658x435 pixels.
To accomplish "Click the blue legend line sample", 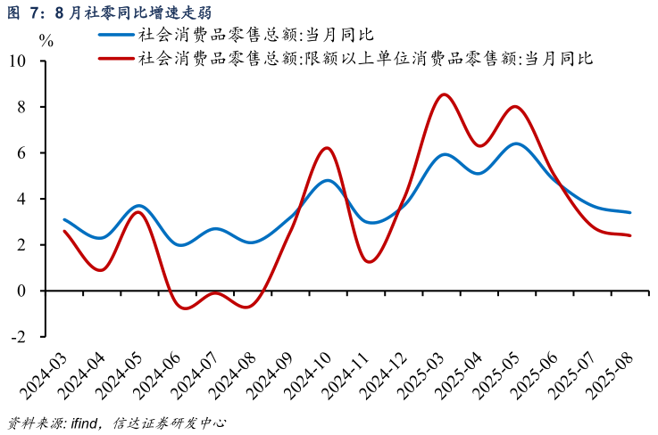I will click(x=116, y=35).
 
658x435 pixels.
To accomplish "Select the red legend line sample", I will click(x=116, y=59).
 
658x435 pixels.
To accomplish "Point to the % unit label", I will click(x=46, y=41).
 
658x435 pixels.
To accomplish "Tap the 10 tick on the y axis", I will click(x=18, y=62).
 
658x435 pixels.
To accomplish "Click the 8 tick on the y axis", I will click(x=22, y=107).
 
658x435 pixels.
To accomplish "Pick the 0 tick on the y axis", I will click(x=22, y=291).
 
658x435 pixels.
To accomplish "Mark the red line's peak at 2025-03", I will click(x=444, y=94).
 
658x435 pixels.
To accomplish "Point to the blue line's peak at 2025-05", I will click(x=516, y=144).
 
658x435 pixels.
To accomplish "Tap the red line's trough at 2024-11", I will click(x=371, y=261).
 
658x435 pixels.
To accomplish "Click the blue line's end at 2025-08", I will click(x=630, y=212).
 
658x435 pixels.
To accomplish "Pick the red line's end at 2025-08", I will click(x=630, y=235).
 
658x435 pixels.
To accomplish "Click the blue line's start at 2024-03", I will click(x=64, y=219).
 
